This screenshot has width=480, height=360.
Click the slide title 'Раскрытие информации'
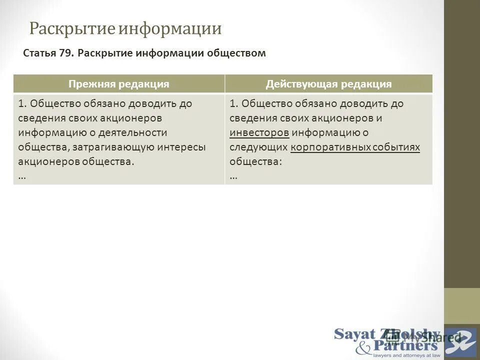pyautogui.click(x=125, y=28)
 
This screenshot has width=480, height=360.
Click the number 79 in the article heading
pyautogui.click(x=65, y=53)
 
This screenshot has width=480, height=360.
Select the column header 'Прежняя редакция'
pyautogui.click(x=118, y=84)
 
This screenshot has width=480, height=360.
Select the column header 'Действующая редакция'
pyautogui.click(x=328, y=84)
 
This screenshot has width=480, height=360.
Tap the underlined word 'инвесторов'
pyautogui.click(x=259, y=132)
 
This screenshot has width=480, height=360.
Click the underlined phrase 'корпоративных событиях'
pyautogui.click(x=354, y=147)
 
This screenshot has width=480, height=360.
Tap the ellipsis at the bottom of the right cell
pyautogui.click(x=234, y=176)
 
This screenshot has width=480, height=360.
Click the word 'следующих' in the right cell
pyautogui.click(x=258, y=147)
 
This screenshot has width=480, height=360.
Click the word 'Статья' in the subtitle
pyautogui.click(x=39, y=53)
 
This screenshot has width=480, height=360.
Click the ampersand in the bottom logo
pyautogui.click(x=363, y=346)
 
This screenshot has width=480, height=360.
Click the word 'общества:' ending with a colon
pyautogui.click(x=255, y=161)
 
